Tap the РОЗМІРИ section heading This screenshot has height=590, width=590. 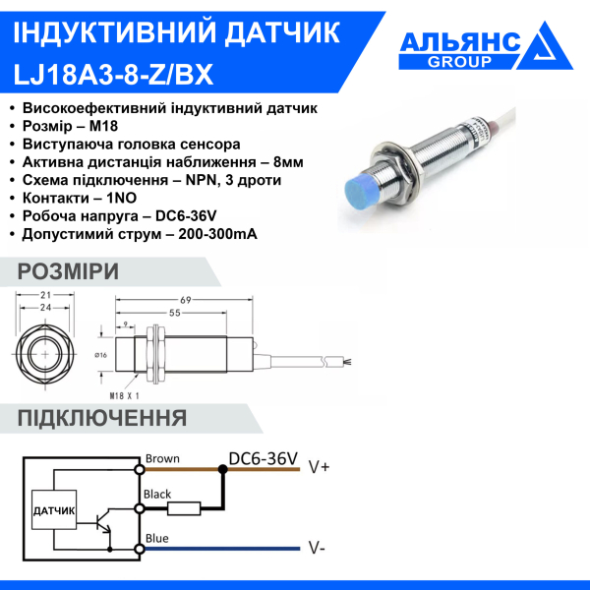tap(69, 272)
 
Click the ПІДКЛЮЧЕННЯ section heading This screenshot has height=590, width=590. tap(102, 419)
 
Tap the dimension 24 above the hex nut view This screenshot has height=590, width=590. tap(44, 309)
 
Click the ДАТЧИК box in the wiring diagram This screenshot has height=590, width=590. tap(54, 511)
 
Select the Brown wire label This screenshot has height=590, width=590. tap(162, 458)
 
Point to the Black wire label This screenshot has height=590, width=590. tap(158, 495)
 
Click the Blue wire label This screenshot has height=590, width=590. tap(157, 538)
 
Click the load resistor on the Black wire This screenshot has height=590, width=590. tap(184, 508)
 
